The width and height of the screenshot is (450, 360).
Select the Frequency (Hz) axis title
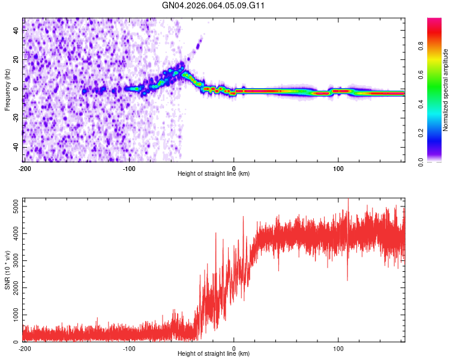click(7, 90)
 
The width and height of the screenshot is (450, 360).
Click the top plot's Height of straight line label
click(214, 174)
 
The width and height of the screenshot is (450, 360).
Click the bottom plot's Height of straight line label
click(214, 354)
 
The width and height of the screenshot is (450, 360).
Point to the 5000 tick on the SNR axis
click(13, 206)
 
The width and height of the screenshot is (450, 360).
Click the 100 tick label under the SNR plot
click(338, 348)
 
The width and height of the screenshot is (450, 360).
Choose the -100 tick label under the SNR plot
click(129, 348)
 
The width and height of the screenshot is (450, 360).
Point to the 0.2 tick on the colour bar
click(437, 133)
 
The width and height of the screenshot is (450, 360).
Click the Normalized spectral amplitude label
click(446, 90)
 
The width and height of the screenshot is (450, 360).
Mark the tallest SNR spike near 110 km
click(348, 200)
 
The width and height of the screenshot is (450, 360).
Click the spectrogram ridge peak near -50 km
click(182, 66)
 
